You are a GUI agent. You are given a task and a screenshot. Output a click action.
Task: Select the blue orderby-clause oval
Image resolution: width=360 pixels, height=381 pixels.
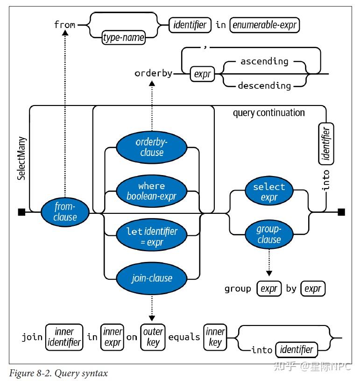pos(151,147)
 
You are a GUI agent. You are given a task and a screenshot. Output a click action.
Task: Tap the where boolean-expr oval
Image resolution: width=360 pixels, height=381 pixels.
pos(151,191)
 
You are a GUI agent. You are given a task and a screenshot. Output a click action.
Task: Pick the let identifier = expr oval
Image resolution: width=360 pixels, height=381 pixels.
pos(151,236)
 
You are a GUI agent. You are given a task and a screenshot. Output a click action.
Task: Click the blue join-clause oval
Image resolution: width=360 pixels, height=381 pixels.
pos(151,278)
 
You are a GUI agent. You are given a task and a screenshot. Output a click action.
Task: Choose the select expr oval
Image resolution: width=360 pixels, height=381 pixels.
pos(269,192)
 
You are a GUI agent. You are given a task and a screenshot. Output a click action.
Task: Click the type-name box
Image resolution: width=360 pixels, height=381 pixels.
pos(123,37)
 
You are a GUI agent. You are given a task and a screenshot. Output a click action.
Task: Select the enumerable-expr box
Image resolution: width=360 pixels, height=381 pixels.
pos(264,24)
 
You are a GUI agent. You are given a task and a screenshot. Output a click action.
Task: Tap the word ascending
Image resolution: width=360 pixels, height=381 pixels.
pos(264,61)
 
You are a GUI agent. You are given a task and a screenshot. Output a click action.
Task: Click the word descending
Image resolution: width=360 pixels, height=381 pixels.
pos(264,85)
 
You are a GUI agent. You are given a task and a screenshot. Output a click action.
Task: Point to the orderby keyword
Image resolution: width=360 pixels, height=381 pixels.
pos(153,73)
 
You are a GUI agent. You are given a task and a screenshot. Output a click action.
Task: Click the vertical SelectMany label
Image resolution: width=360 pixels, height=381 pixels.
pos(21,158)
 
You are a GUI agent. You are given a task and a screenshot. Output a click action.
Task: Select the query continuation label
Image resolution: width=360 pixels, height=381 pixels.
pos(268,113)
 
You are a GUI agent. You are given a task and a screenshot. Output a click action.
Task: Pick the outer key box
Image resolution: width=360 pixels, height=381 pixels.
pos(153,337)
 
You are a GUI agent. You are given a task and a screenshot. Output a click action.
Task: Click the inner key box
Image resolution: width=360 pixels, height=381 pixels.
pos(215,337)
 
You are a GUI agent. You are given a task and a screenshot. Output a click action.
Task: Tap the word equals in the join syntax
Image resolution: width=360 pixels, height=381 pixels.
pos(184,337)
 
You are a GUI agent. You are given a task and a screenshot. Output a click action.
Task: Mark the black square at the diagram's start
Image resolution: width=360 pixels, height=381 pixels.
pos(21,212)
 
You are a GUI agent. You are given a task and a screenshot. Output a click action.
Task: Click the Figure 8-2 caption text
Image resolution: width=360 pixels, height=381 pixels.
pos(58,373)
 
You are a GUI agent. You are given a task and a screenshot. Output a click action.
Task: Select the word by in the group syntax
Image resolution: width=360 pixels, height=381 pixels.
pos(291,289)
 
